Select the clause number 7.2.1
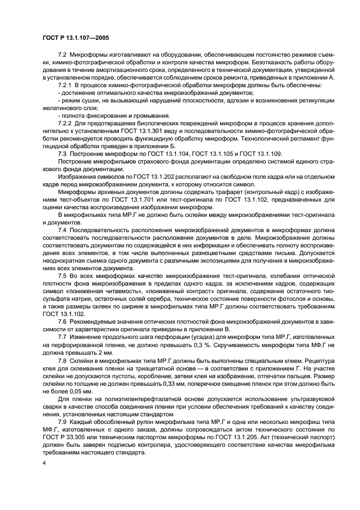pyautogui.click(x=66, y=86)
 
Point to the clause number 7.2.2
pyautogui.click(x=66, y=124)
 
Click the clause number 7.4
pyautogui.click(x=63, y=230)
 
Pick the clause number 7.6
pyautogui.click(x=63, y=322)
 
